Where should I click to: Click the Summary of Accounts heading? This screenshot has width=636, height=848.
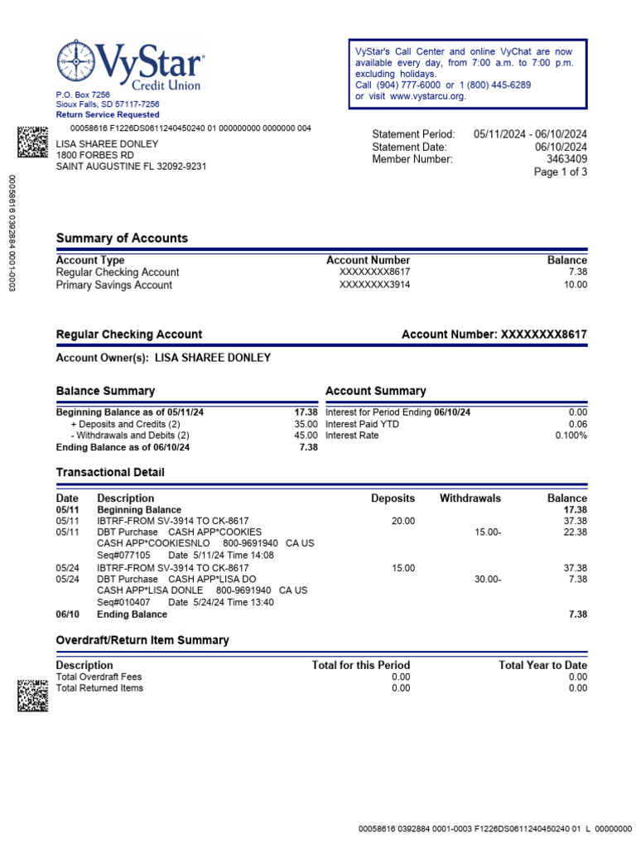click(x=122, y=238)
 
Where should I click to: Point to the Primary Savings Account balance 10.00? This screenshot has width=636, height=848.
click(x=576, y=285)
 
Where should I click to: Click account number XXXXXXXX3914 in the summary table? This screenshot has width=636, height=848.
click(x=374, y=285)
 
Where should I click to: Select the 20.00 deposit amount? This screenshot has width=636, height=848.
click(x=402, y=521)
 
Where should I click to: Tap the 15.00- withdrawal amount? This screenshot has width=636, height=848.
click(x=488, y=532)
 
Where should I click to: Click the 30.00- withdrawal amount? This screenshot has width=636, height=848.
click(x=488, y=580)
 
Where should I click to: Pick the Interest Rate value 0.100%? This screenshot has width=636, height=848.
click(x=571, y=435)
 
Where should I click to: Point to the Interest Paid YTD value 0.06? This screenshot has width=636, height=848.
click(x=577, y=423)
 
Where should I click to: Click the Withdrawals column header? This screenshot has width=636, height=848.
click(x=470, y=499)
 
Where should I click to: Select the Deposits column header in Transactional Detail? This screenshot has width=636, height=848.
click(x=393, y=499)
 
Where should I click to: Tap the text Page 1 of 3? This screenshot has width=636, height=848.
click(x=561, y=172)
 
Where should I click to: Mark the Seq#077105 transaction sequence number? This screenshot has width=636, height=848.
click(x=124, y=555)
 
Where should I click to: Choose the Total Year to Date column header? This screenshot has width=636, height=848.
click(x=542, y=665)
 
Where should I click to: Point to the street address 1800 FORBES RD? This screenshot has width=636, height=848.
click(x=94, y=155)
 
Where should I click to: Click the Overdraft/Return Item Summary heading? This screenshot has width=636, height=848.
click(x=142, y=640)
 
